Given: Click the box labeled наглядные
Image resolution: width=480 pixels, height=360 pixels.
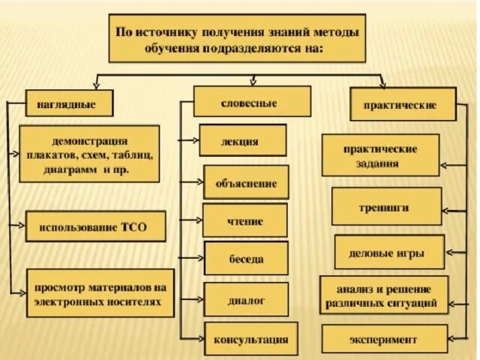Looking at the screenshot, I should coord(70,103).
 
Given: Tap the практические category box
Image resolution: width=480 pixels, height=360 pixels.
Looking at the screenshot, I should coord(403,105).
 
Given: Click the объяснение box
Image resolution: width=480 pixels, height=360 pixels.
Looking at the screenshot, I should coord(246,182).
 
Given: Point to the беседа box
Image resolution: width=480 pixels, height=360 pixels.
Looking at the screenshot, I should coord(246,258).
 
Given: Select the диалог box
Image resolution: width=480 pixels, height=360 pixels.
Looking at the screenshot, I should coord(246,299).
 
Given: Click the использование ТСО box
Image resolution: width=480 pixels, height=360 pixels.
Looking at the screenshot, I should coord(96,226).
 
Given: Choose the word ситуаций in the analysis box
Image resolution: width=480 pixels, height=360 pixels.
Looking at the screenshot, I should coord(417,304).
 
